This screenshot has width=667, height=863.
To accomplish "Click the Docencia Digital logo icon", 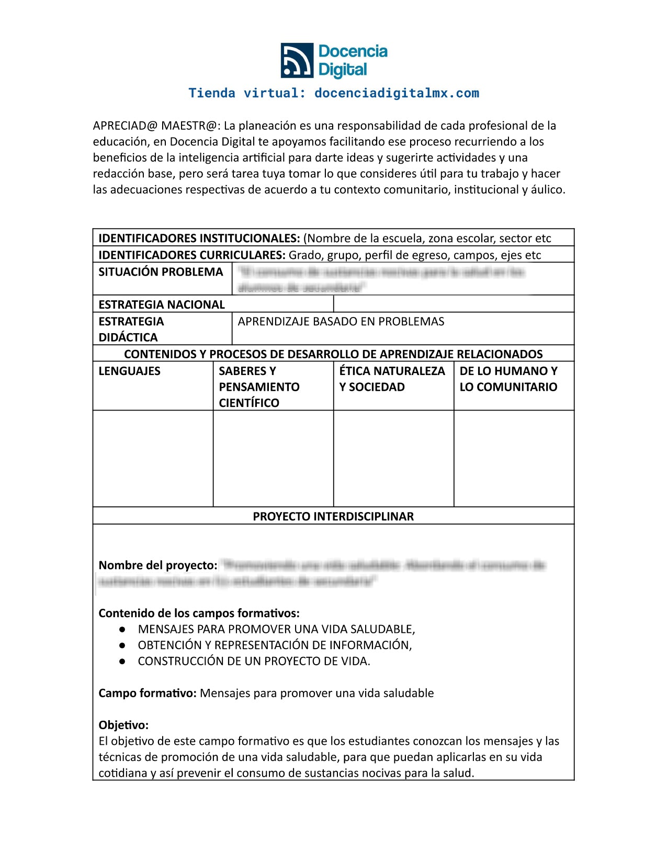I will [297, 60].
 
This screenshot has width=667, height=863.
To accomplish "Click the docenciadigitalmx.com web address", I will [397, 93].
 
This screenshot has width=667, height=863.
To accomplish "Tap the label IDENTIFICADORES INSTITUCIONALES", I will [199, 239].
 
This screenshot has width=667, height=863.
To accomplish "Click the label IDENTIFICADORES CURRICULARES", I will [191, 255].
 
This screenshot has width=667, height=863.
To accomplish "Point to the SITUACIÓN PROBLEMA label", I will [161, 272].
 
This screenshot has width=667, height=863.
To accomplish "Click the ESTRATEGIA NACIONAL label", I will [161, 304].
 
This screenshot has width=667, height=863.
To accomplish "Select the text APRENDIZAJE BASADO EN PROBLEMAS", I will [341, 321].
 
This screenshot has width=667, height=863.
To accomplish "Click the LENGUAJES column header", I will [129, 371].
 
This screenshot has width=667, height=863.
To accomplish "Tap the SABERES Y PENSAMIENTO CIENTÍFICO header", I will [259, 387].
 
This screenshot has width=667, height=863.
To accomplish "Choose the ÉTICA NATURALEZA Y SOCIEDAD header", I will [392, 379].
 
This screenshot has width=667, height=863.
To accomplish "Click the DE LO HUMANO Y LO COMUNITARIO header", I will [508, 379].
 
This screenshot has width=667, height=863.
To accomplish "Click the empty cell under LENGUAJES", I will [153, 458].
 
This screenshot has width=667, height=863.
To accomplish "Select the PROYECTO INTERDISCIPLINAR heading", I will [333, 516].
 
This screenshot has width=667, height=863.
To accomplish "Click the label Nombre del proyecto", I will [157, 565].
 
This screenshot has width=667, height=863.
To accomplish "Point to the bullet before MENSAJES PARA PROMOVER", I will [122, 629].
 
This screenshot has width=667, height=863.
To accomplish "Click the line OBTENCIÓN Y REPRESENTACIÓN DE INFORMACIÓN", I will [275, 645].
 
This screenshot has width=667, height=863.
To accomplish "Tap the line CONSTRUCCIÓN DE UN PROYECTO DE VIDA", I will [254, 661].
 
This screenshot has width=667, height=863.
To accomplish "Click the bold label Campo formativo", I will [147, 693].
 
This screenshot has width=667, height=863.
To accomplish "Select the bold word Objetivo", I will [123, 725].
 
